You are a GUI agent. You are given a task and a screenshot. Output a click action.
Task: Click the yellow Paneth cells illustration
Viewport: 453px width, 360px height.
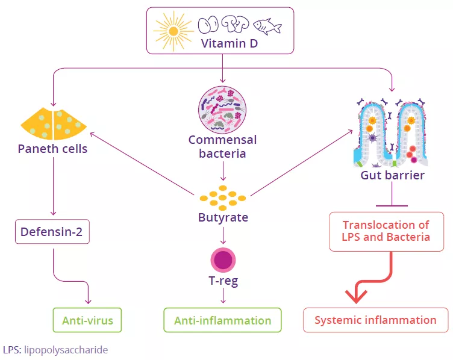(54, 123)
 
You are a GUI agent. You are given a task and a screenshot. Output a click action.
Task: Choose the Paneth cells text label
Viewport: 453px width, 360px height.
(52, 149)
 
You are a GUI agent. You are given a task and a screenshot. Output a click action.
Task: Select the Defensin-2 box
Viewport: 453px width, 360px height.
(52, 232)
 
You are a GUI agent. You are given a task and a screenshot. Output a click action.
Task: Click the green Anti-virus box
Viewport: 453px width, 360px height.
(87, 320)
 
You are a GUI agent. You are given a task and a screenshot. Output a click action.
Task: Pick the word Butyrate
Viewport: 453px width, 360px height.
(223, 217)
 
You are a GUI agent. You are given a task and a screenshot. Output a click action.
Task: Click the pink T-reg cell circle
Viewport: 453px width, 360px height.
(223, 259)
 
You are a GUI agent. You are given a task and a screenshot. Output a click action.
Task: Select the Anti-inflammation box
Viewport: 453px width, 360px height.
(223, 320)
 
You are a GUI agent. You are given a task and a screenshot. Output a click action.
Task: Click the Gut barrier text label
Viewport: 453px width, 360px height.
(392, 176)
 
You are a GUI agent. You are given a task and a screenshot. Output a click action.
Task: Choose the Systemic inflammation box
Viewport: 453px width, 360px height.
(375, 320)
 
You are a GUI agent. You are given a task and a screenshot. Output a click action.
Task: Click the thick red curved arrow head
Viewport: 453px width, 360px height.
(357, 294)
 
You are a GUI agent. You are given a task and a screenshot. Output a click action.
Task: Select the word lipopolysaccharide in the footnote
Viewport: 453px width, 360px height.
(66, 349)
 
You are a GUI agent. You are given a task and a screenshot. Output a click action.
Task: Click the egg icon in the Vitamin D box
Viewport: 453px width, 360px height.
(207, 25)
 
